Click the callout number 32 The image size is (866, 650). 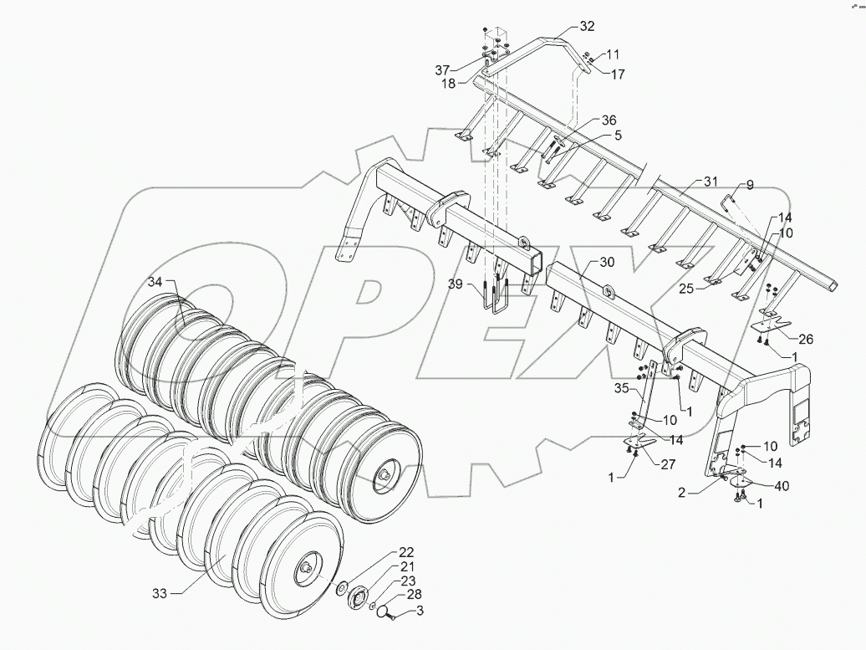pos(586,26)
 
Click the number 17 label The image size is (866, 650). pos(617,74)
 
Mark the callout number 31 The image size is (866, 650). pos(711,182)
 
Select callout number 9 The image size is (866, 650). pos(750,185)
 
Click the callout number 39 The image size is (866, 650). pos(455,284)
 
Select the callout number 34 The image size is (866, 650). pos(155,281)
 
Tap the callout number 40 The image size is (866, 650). pos(781,485)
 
